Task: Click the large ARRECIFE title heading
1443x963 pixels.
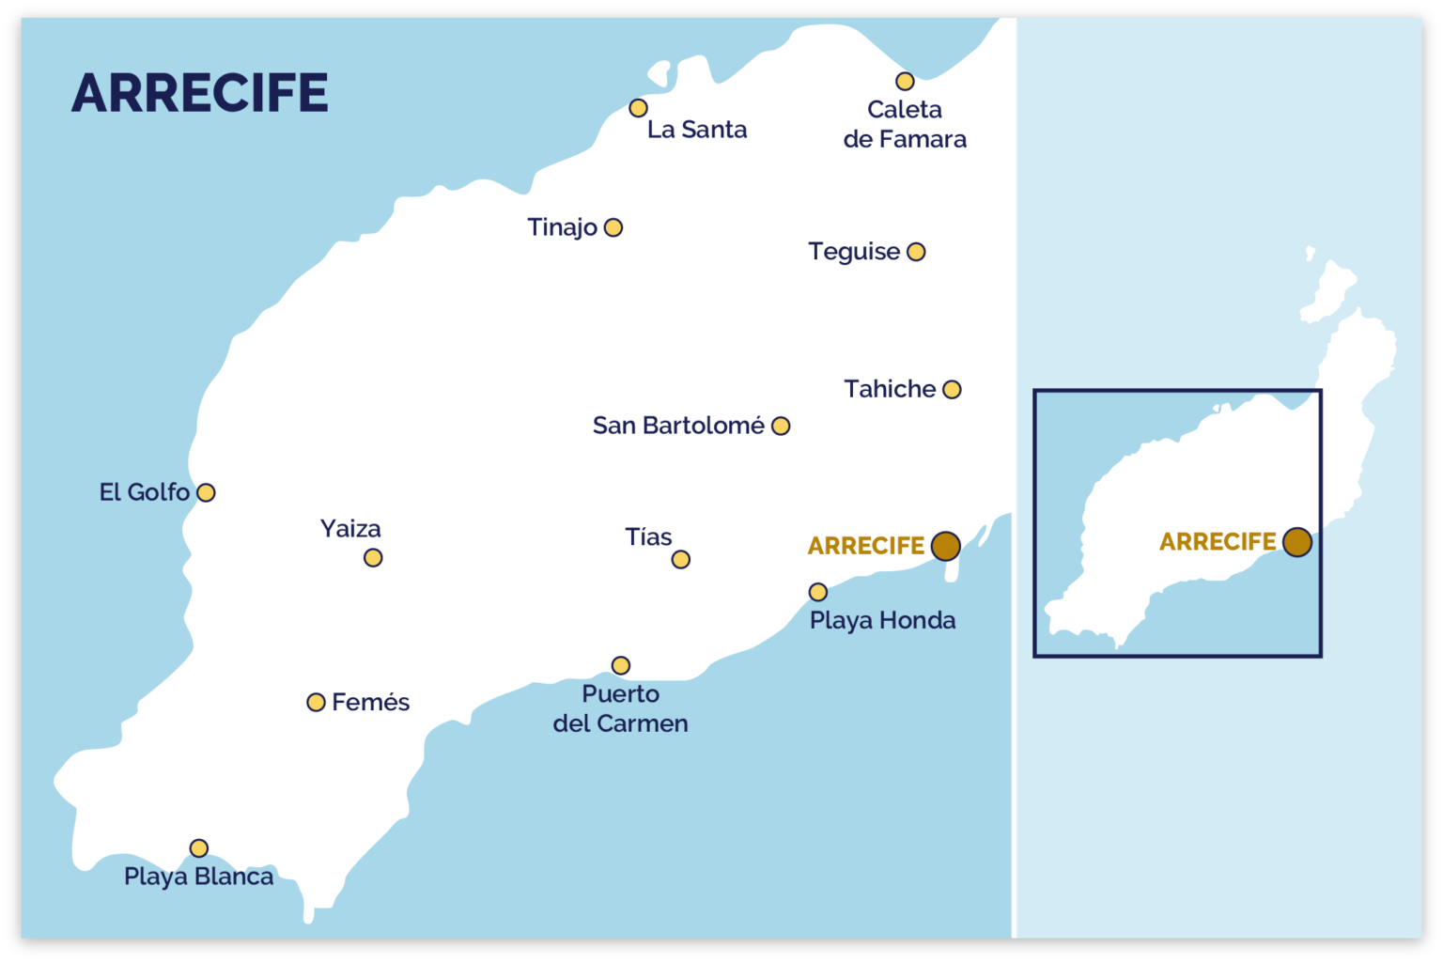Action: click(x=199, y=93)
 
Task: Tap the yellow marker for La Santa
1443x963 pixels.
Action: click(x=638, y=108)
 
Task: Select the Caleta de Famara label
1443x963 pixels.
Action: click(x=904, y=124)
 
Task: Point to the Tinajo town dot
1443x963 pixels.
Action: click(x=613, y=227)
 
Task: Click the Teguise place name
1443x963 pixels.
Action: click(x=854, y=252)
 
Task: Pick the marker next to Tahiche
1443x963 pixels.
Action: click(x=952, y=389)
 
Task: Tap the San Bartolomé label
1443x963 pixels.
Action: click(x=678, y=426)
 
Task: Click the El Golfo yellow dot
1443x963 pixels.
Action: click(x=206, y=492)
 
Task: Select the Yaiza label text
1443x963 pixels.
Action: click(x=350, y=529)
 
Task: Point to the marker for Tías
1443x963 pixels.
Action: click(x=681, y=560)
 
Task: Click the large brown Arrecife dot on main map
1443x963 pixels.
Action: click(x=945, y=546)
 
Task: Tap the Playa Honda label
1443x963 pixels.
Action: click(x=882, y=620)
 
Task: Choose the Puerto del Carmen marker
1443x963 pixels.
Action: click(x=620, y=665)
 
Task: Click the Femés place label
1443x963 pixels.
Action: click(x=370, y=703)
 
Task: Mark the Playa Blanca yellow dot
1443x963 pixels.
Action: click(x=199, y=848)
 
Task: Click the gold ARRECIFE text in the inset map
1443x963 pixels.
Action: click(x=1218, y=542)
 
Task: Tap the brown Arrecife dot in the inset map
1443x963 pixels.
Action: click(x=1296, y=542)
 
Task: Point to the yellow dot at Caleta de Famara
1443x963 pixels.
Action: click(x=905, y=82)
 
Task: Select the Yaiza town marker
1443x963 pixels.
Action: click(x=373, y=558)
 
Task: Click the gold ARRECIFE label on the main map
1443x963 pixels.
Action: click(x=865, y=546)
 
